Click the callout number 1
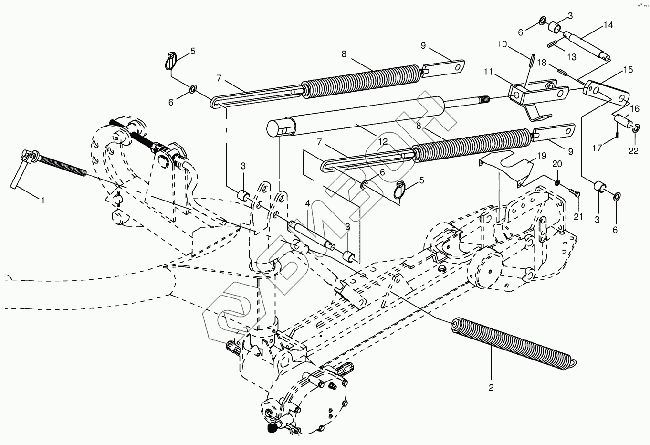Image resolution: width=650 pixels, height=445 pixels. click(x=42, y=201)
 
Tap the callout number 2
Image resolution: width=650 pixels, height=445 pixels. click(x=491, y=387)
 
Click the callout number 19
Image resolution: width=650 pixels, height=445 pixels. click(x=541, y=156)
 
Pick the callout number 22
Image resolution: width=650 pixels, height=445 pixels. click(x=633, y=151)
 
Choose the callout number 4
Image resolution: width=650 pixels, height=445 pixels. click(x=308, y=204)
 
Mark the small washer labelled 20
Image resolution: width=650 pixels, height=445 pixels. click(x=557, y=182)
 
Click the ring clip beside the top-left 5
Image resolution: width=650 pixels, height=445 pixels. click(x=172, y=62)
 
